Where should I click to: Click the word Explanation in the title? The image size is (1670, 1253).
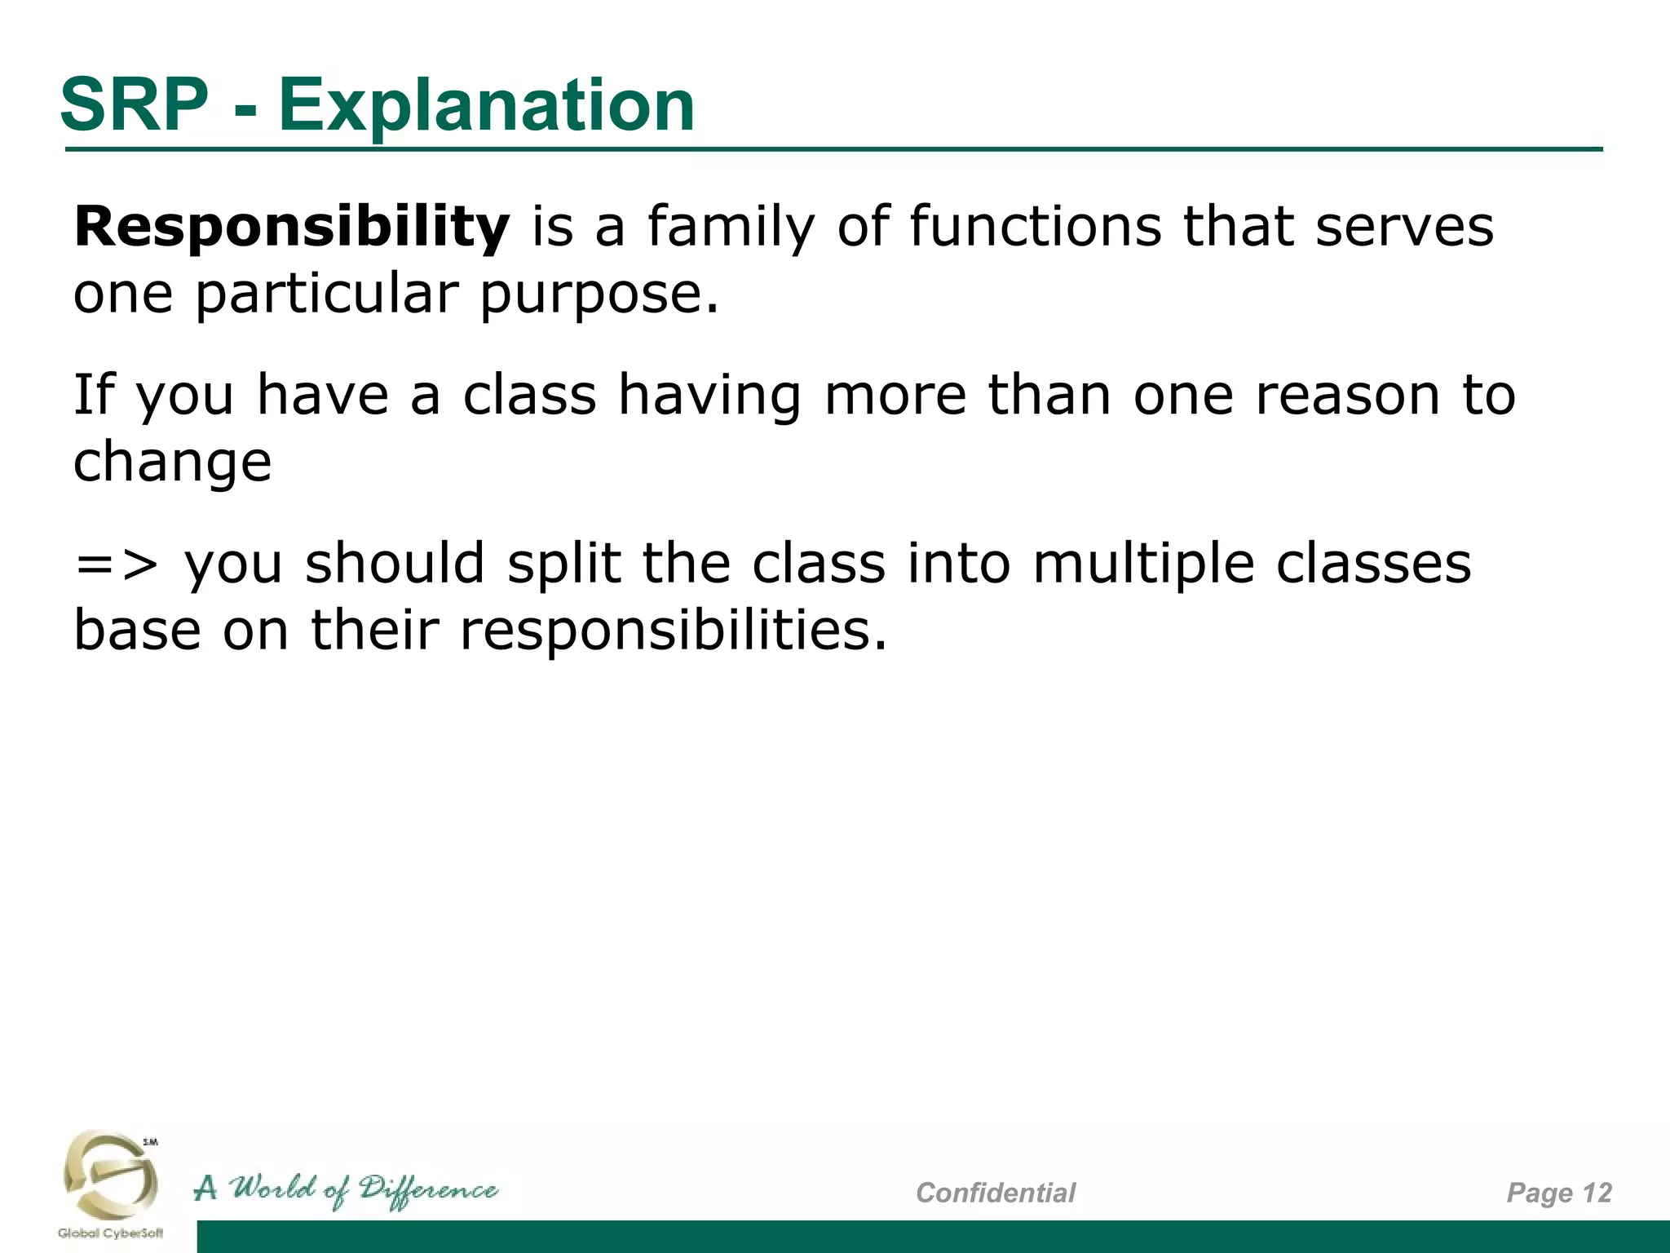click(486, 106)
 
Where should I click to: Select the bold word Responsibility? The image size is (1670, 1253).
click(291, 227)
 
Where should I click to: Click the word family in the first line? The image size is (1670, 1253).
click(731, 227)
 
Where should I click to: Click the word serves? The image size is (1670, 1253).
click(1404, 227)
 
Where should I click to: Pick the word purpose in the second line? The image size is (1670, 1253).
click(599, 294)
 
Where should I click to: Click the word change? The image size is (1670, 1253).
click(172, 463)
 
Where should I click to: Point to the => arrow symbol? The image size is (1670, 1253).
click(116, 564)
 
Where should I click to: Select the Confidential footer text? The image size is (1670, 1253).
click(995, 1193)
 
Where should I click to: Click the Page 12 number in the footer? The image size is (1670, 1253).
click(1558, 1193)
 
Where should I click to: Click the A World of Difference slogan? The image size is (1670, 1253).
click(346, 1190)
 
